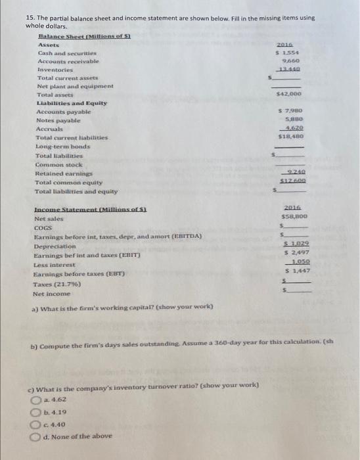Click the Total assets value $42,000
(x=288, y=95)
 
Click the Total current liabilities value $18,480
(x=290, y=139)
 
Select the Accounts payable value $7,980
(x=290, y=112)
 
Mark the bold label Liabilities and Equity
(x=72, y=104)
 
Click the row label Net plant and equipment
(x=76, y=86)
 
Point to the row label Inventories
(x=55, y=69)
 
